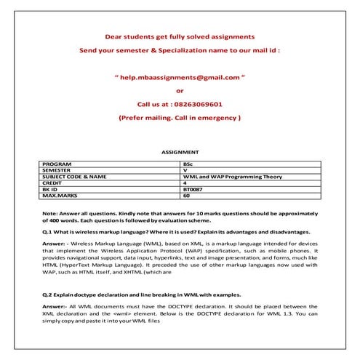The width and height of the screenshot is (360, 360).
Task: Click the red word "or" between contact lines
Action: pos(180,90)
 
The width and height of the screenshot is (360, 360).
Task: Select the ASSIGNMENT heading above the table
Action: pos(180,152)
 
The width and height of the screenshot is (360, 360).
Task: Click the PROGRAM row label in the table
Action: pos(59,165)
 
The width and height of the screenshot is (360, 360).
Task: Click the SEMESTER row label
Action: pos(59,171)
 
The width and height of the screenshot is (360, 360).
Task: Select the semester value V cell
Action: pos(185,171)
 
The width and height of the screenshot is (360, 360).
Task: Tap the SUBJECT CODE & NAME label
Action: pos(75,177)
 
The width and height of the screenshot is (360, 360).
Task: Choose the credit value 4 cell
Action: pos(185,183)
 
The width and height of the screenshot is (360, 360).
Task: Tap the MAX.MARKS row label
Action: pos(60,195)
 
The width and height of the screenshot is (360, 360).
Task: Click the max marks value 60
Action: pos(187,195)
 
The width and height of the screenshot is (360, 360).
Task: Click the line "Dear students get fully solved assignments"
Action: pos(180,35)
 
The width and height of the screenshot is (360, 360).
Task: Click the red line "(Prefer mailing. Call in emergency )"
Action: pos(180,117)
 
